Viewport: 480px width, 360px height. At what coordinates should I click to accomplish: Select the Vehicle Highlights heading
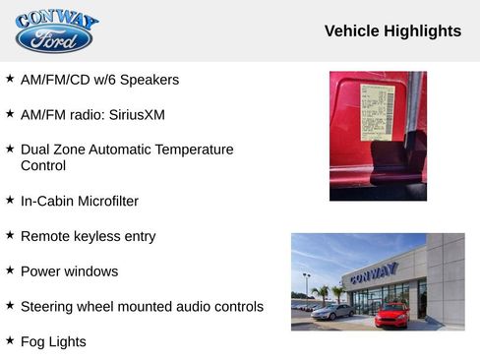(x=392, y=31)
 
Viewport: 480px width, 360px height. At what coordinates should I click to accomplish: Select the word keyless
(x=96, y=236)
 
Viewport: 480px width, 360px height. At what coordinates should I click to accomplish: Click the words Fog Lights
(x=53, y=342)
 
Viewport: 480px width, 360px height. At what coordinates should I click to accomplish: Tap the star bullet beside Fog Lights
(x=10, y=341)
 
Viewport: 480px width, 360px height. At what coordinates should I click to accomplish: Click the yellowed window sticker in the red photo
(x=378, y=111)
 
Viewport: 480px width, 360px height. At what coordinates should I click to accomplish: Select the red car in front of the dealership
(x=391, y=315)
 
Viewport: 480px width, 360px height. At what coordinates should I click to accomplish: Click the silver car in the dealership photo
(x=332, y=311)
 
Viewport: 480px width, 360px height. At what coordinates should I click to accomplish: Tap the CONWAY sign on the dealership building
(x=373, y=271)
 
